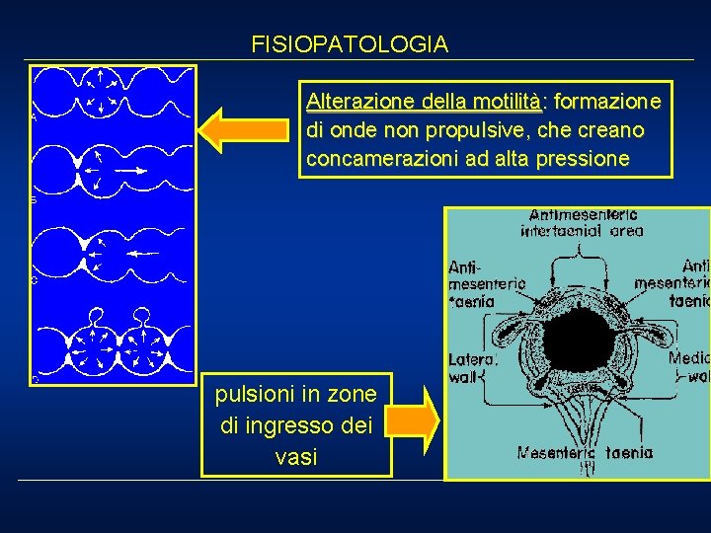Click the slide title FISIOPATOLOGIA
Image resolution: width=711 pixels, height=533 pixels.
350,44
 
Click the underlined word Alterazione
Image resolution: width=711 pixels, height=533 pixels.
359,102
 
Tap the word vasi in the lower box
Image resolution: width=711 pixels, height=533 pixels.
296,457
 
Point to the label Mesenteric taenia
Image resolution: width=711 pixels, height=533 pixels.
585,453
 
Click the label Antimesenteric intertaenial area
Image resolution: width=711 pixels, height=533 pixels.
585,222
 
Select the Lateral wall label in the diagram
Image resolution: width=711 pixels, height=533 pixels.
471,367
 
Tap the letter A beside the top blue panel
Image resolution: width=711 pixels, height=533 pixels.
34,116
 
